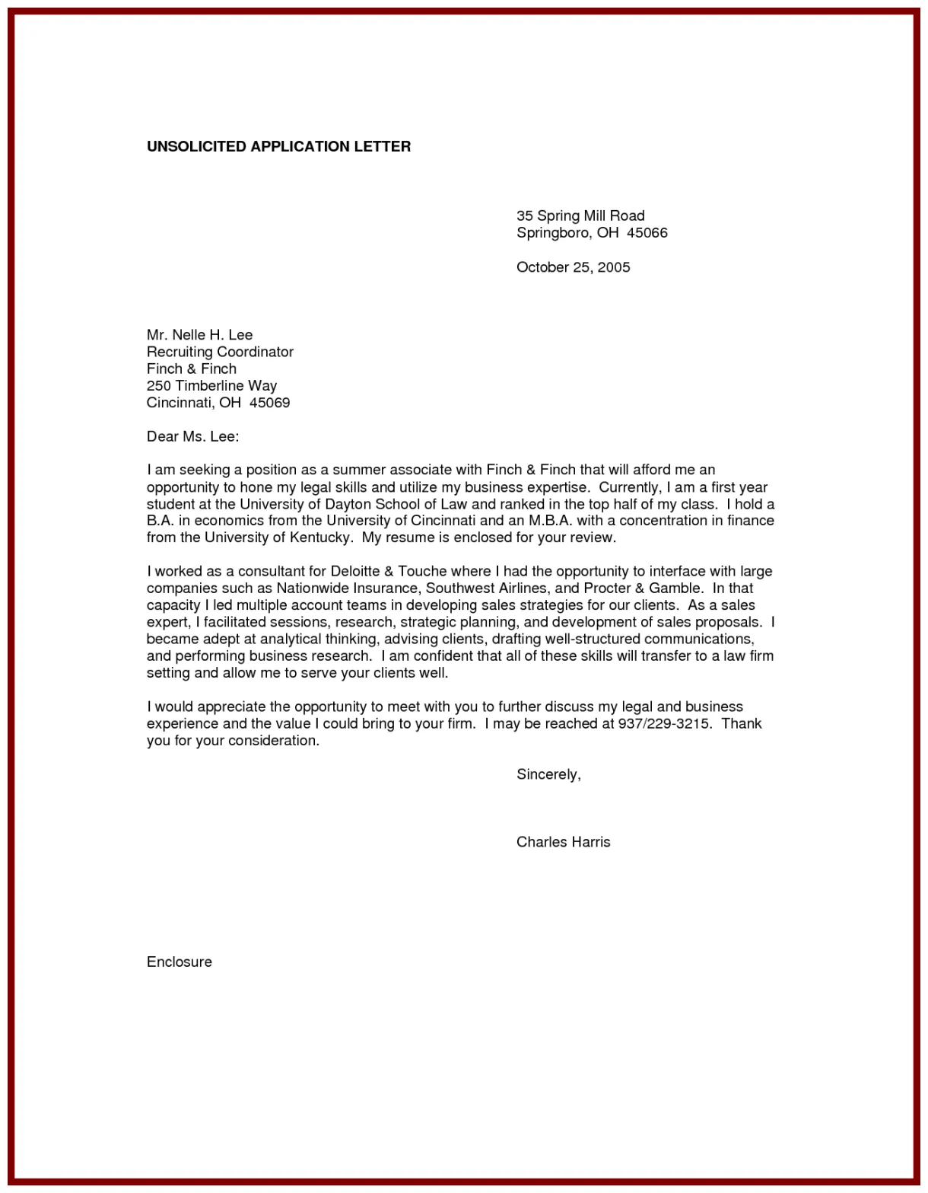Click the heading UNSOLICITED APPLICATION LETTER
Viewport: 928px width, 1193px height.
(x=278, y=146)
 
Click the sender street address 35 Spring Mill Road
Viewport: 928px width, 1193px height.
(x=580, y=215)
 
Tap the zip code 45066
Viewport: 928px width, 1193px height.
(x=647, y=232)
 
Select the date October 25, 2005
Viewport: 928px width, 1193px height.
(x=573, y=266)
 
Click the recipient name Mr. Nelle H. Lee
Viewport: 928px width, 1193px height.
(x=199, y=334)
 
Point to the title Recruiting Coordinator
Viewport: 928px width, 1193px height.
(x=220, y=352)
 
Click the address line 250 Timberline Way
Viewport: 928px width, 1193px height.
(x=211, y=385)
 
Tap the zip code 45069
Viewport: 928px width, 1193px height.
(x=269, y=402)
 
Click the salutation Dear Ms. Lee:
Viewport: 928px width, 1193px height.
(x=192, y=436)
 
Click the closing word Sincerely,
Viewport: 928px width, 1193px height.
(x=548, y=774)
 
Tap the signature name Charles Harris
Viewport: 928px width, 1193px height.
(x=563, y=841)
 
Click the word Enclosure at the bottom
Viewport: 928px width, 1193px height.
(x=180, y=962)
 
